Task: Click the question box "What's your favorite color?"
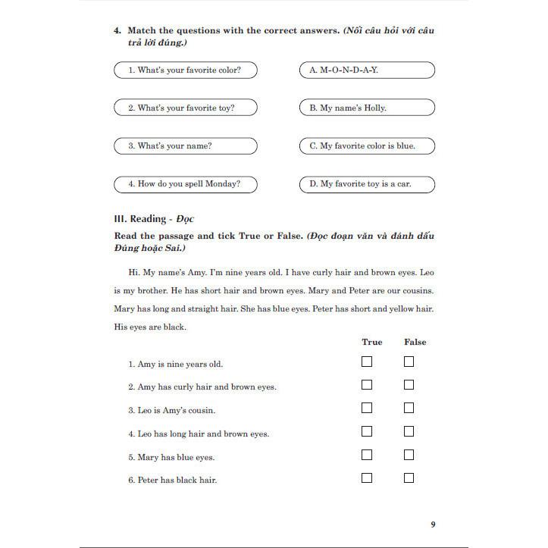coord(186,70)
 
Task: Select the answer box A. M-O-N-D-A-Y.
coord(367,70)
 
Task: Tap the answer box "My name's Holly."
coord(367,108)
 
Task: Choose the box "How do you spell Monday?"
coord(186,184)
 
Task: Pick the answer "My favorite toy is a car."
coord(367,184)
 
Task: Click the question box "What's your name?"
coord(186,146)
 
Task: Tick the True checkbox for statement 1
coord(367,362)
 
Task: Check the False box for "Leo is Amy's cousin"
coord(409,409)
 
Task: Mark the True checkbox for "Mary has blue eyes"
coord(367,456)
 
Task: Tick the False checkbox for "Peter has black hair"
coord(409,478)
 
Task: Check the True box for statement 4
coord(367,432)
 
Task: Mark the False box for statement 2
coord(409,385)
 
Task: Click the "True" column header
coord(372,342)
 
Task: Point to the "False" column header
coord(415,342)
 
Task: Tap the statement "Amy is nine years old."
coord(180,365)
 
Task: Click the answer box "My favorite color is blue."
coord(367,146)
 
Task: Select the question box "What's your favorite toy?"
coord(186,108)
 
